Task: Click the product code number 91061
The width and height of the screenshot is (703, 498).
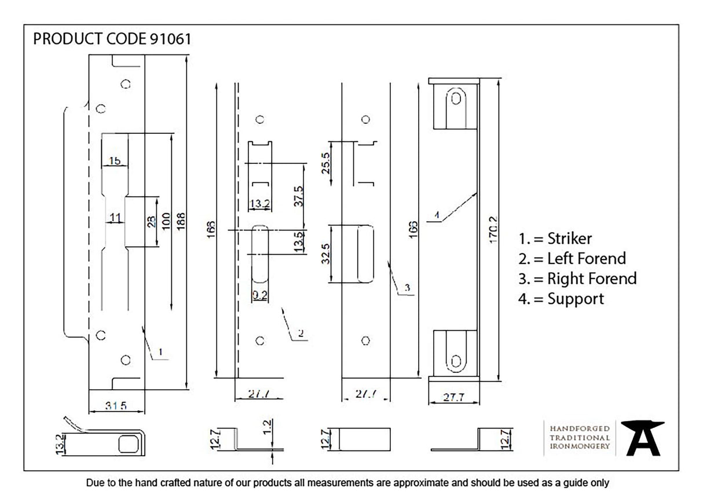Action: point(170,39)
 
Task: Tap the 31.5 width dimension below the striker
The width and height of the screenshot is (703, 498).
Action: point(116,405)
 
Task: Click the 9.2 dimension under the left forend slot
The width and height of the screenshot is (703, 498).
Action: point(259,295)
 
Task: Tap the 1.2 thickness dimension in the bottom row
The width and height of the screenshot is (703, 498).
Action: point(267,428)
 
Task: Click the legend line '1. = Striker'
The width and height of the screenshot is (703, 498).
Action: point(555,239)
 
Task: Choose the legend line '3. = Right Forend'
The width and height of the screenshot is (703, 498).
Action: point(577,279)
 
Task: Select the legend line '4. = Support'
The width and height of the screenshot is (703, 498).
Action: point(561,299)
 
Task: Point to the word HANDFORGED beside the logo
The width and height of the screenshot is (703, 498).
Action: point(580,428)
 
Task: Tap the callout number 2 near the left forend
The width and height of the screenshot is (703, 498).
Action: point(301,333)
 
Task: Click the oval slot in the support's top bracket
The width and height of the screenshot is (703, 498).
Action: point(456,98)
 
